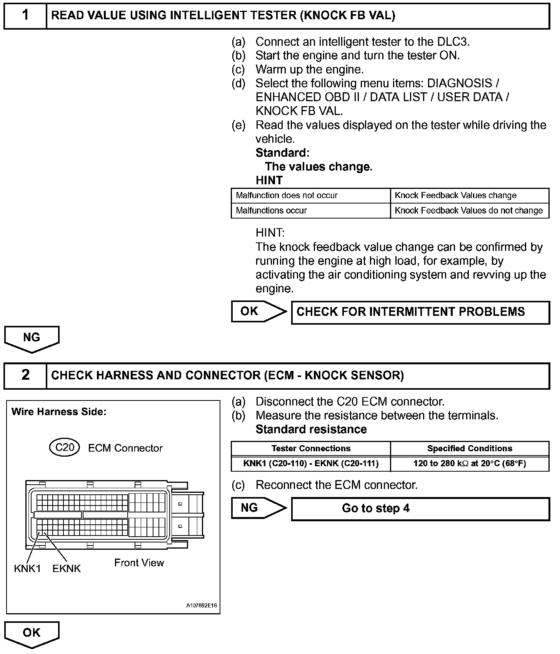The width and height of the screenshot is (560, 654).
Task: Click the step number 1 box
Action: pyautogui.click(x=25, y=16)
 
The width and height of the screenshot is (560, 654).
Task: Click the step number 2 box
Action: pyautogui.click(x=25, y=375)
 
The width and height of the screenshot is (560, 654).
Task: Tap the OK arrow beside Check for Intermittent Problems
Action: pyautogui.click(x=258, y=312)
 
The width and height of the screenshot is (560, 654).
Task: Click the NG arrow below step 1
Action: pyautogui.click(x=32, y=339)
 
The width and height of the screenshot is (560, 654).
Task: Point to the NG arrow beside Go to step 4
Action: pyautogui.click(x=258, y=508)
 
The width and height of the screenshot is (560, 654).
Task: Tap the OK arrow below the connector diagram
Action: pyautogui.click(x=32, y=634)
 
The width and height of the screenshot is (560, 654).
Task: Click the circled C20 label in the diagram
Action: pyautogui.click(x=65, y=447)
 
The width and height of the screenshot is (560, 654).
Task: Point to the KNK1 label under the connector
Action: pyautogui.click(x=27, y=569)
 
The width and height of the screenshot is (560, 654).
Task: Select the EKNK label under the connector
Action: pyautogui.click(x=67, y=569)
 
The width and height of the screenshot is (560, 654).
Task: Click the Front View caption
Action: pyautogui.click(x=139, y=563)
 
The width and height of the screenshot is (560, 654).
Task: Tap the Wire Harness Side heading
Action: pyautogui.click(x=59, y=412)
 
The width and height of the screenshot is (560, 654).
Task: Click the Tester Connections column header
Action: pyautogui.click(x=311, y=449)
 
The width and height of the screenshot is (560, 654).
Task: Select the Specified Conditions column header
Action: pyautogui.click(x=470, y=449)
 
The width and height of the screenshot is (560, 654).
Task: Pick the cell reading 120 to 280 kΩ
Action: pyautogui.click(x=470, y=464)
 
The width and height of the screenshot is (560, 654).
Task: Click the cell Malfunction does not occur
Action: pyautogui.click(x=287, y=195)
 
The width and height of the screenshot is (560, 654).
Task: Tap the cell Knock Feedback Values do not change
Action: pyautogui.click(x=468, y=211)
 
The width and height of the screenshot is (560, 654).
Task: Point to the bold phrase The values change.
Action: pyautogui.click(x=318, y=167)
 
